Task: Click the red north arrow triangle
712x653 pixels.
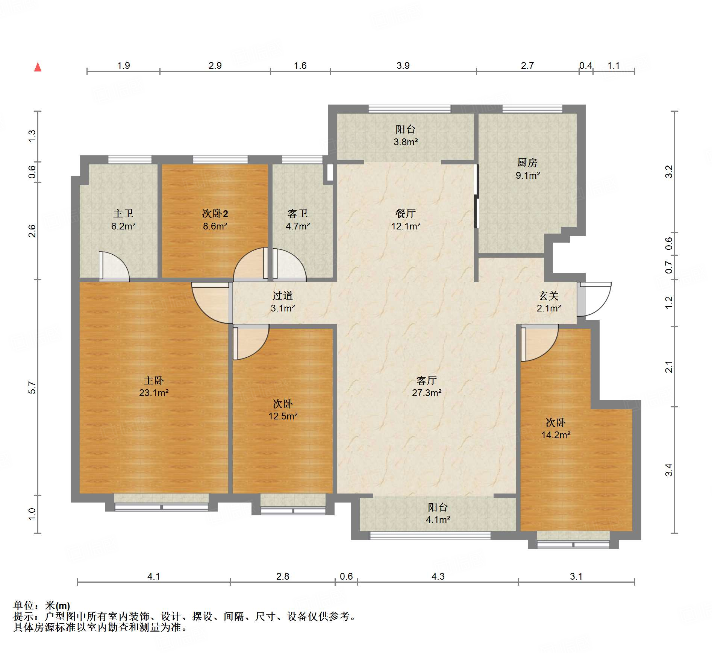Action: tap(38, 67)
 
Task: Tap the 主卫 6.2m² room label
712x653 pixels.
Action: tap(123, 220)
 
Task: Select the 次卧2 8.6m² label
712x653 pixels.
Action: tap(215, 220)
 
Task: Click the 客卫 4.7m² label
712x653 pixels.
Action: tap(298, 220)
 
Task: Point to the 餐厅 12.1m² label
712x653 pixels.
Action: tap(406, 220)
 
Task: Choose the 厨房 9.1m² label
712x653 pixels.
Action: tap(527, 169)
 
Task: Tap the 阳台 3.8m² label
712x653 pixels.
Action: tap(406, 135)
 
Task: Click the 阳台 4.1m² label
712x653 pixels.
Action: tap(438, 513)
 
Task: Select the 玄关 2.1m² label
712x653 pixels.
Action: tap(549, 302)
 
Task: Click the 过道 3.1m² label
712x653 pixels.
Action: tap(283, 302)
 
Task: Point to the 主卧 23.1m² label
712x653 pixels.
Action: tap(154, 386)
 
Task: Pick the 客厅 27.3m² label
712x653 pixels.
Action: tap(427, 386)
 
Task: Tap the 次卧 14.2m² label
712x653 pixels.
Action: tap(556, 428)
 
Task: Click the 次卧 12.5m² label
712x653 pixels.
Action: tap(283, 410)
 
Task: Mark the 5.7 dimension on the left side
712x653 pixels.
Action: tap(32, 387)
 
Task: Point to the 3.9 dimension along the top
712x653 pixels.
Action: tap(403, 66)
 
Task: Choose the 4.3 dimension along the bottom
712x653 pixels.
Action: tap(438, 576)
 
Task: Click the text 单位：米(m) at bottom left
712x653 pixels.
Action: tap(42, 605)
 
